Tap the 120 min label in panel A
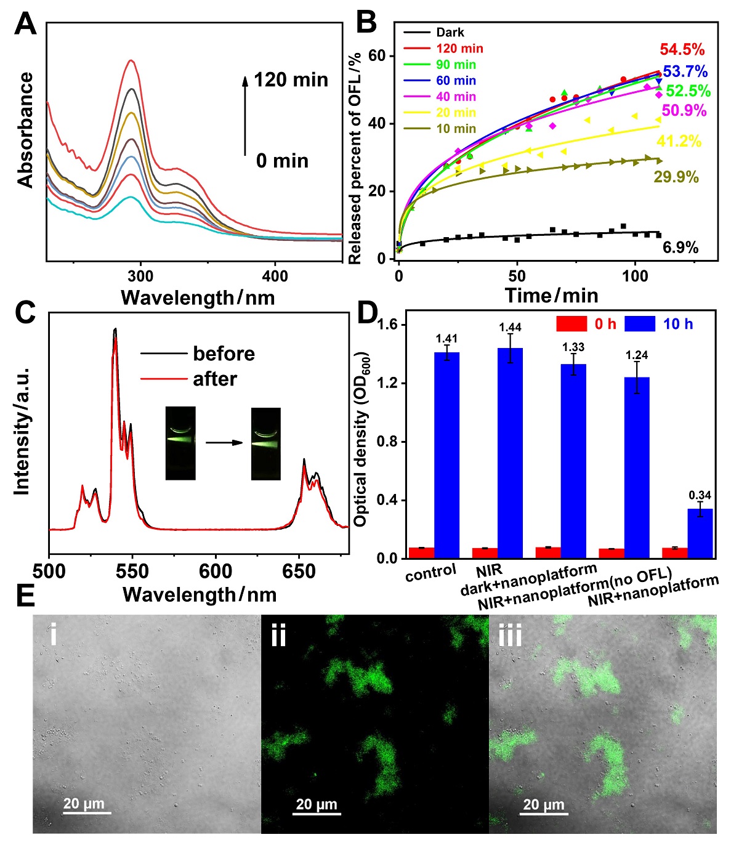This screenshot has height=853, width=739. click(291, 80)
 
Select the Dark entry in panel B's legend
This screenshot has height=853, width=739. click(450, 33)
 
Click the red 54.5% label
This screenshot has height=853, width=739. click(682, 50)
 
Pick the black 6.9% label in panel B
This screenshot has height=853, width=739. click(680, 248)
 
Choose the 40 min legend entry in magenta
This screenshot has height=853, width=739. click(456, 97)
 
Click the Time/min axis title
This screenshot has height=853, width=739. click(551, 296)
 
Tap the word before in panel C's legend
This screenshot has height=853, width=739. click(224, 354)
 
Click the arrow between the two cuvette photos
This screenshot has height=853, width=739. click(223, 442)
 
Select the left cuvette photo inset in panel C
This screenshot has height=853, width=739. click(180, 443)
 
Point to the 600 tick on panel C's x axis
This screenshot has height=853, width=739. click(216, 571)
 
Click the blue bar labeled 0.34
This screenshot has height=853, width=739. click(700, 533)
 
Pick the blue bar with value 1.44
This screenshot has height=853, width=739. click(510, 453)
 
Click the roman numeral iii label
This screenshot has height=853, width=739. click(509, 635)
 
